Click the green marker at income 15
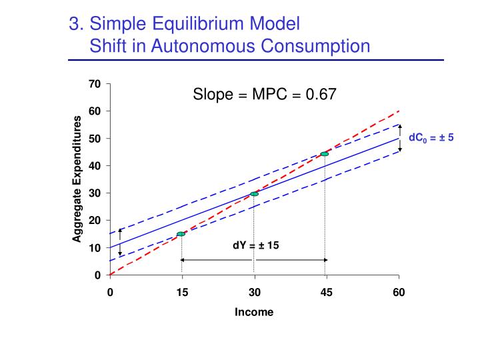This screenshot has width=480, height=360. click(181, 234)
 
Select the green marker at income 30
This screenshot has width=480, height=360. click(254, 194)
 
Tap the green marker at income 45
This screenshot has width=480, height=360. click(325, 154)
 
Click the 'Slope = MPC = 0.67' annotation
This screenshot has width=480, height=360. click(265, 95)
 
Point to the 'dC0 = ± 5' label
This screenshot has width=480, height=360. click(431, 138)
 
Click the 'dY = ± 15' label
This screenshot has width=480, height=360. click(256, 245)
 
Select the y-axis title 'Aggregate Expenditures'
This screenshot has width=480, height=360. click(77, 179)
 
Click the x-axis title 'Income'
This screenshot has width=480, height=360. click(254, 312)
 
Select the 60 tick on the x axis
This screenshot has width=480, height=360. click(399, 291)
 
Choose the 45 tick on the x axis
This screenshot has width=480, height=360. click(326, 291)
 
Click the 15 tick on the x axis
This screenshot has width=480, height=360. click(182, 291)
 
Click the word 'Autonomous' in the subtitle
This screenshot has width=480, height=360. click(218, 46)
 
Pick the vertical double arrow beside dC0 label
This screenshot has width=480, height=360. click(401, 139)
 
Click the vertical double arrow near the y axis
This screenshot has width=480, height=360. click(120, 241)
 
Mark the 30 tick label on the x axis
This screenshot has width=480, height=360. click(254, 291)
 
